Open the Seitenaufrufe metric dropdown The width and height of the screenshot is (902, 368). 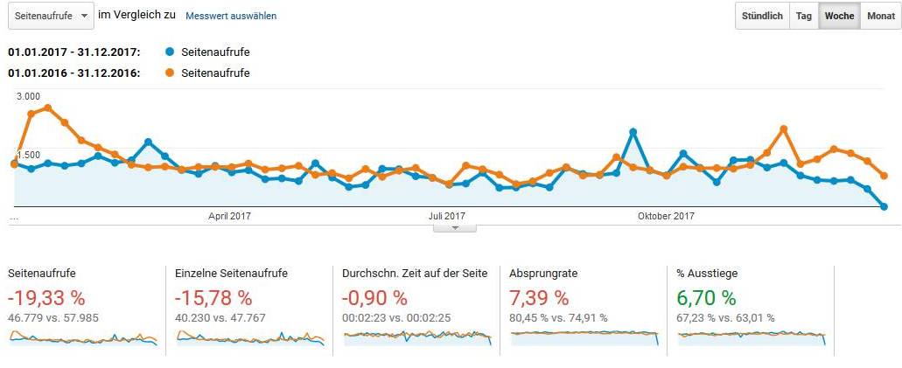tap(50, 16)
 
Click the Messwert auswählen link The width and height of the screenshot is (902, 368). tap(231, 17)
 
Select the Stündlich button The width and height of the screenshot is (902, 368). tap(762, 16)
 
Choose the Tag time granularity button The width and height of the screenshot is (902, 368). tap(803, 16)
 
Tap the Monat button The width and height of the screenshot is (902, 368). tap(880, 16)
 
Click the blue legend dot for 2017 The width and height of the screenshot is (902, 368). tap(170, 52)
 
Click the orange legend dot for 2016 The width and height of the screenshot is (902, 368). tap(170, 73)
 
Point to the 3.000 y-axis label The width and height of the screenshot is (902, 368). tap(28, 96)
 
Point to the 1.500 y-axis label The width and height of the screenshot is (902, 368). tap(28, 155)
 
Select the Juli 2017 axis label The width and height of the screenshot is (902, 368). tap(447, 216)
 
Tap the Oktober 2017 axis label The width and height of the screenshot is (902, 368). tap(666, 216)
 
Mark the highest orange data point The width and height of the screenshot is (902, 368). tap(48, 108)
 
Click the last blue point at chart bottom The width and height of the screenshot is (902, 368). tap(885, 207)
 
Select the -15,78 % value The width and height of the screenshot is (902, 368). tap(213, 299)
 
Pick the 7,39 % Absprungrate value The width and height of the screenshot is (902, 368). tap(539, 299)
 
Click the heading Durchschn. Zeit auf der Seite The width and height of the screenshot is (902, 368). tap(415, 274)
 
